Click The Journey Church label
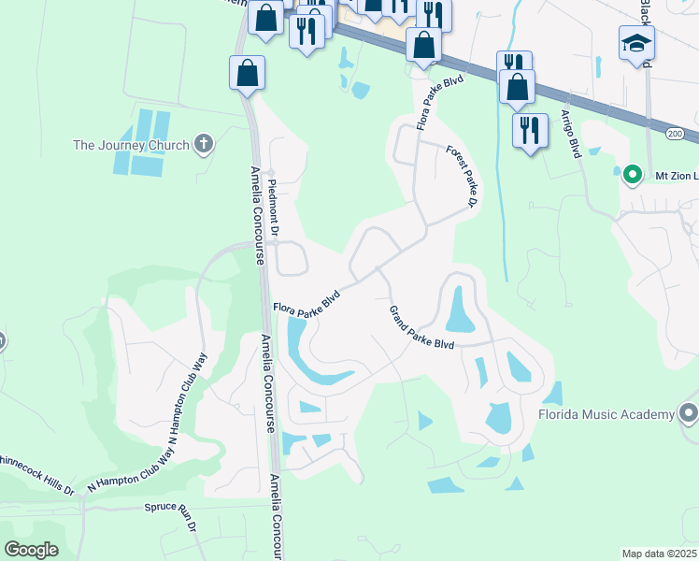point(131,145)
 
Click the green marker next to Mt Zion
point(632,175)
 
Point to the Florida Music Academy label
point(606,414)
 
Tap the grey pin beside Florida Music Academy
point(689,412)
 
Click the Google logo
point(31,550)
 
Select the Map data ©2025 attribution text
point(659,554)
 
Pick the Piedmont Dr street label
point(275,208)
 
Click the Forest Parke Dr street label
point(462,177)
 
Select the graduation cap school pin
point(636,44)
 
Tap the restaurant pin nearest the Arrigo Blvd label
point(530,130)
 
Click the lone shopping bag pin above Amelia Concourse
point(246,73)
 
